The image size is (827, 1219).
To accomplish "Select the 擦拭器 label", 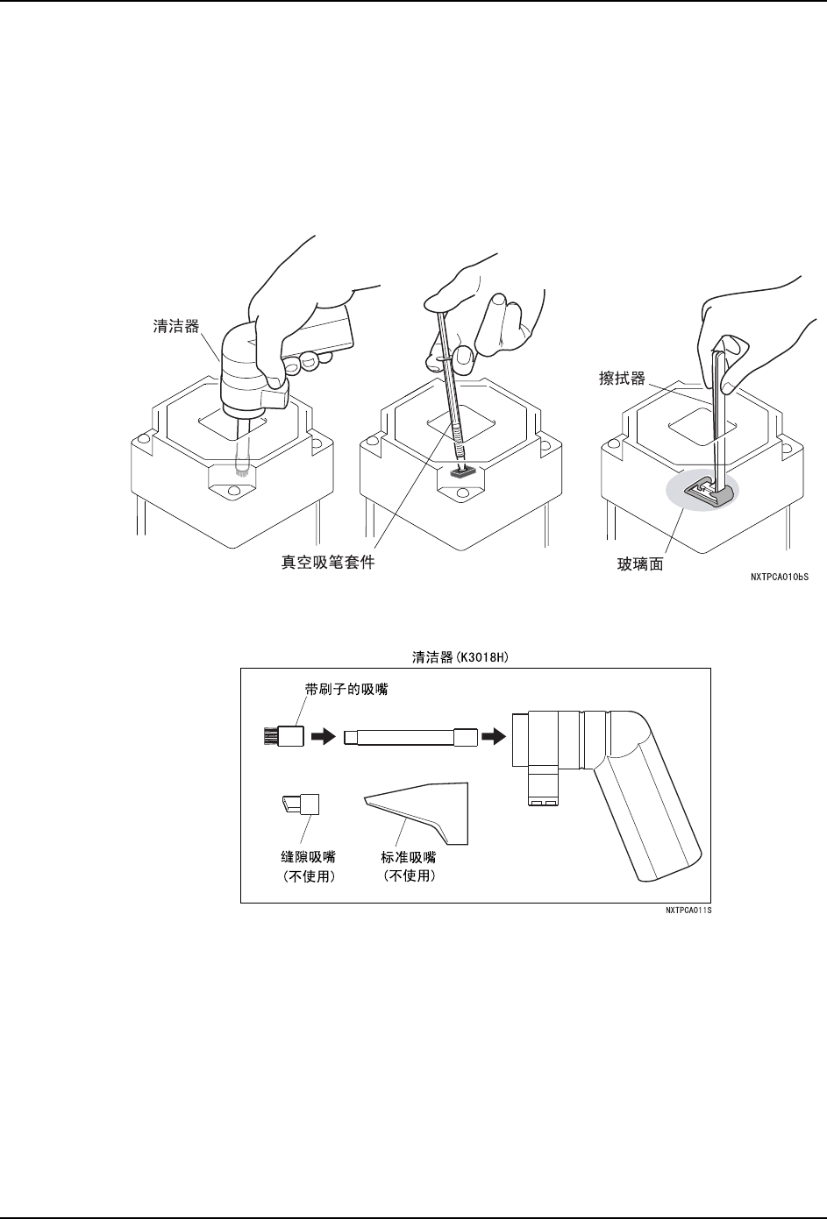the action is point(620,379).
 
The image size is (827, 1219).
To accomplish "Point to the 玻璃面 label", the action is point(640,565).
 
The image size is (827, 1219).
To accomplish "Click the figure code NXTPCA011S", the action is point(688,911).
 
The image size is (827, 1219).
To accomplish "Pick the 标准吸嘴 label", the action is point(410,858).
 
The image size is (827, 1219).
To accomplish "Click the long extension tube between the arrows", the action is point(410,737).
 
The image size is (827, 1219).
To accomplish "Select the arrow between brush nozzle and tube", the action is point(323,737).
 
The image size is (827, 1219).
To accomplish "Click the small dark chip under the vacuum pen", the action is point(462,471).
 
